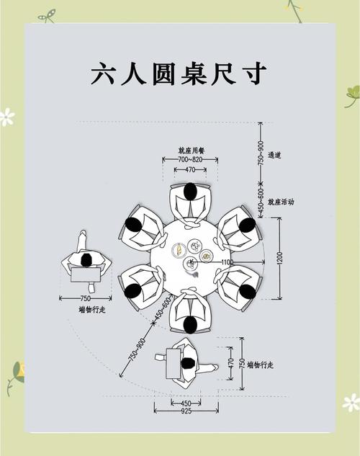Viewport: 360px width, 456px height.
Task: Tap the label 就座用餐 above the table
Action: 190,151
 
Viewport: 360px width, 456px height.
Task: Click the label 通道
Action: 274,155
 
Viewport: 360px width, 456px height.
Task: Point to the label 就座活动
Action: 280,202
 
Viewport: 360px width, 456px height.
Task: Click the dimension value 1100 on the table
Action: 226,261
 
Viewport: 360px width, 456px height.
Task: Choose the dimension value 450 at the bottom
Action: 185,403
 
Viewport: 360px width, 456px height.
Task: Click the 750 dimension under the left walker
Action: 85,298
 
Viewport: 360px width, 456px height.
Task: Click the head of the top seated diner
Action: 190,192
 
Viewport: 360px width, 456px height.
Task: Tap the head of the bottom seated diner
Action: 190,325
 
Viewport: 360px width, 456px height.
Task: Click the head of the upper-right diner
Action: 246,225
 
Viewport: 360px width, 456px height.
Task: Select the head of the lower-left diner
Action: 133,292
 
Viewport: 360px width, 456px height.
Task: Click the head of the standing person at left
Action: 86,260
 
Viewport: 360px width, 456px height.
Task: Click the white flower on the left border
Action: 6,117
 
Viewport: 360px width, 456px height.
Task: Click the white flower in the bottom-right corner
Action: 351,402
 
